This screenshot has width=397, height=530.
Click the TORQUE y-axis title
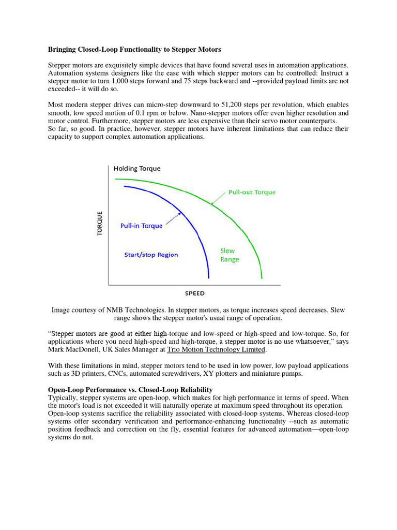point(100,223)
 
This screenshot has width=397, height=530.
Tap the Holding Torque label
point(137,169)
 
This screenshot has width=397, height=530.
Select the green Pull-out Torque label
point(252,192)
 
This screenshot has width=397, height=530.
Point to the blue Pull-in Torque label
point(141,226)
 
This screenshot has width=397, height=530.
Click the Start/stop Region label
point(151,255)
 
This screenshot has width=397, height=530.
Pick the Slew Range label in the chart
point(230,255)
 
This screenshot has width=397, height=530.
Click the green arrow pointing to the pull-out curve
point(219,198)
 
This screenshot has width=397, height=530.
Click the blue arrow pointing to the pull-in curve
point(173,218)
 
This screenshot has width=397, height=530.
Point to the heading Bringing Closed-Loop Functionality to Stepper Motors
point(134,50)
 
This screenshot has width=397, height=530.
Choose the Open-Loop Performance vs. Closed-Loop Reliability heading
point(130,389)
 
